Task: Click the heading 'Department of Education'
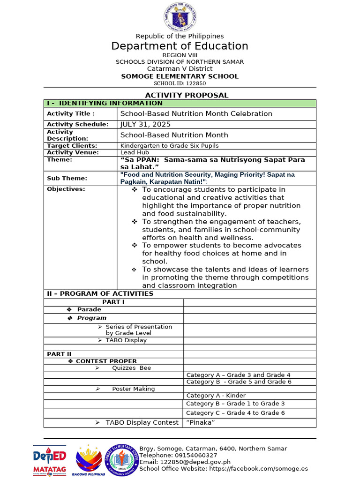180,46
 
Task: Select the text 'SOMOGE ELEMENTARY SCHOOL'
180,76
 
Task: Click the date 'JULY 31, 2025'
146,124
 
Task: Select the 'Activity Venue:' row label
73,152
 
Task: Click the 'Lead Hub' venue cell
135,152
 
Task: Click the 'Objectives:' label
66,189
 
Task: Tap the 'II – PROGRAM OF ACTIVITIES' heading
100,294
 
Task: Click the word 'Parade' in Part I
89,310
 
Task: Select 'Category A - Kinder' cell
216,396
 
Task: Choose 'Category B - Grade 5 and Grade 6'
239,382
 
